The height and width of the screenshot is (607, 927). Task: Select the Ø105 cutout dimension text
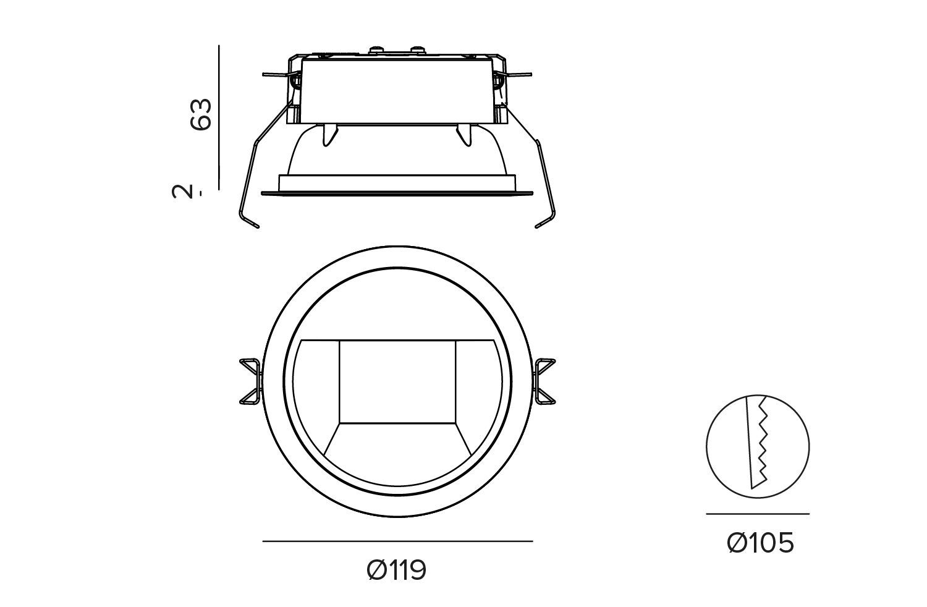760,543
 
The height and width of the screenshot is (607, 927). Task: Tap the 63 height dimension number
201,115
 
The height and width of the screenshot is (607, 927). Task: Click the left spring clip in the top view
250,381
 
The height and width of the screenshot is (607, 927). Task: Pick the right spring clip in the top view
544,381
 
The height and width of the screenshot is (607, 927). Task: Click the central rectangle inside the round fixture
397,382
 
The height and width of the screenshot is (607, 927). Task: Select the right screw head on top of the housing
418,50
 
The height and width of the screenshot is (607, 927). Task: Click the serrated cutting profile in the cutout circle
758,442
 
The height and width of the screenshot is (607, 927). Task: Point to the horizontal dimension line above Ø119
397,541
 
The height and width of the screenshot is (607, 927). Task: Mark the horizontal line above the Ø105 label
757,514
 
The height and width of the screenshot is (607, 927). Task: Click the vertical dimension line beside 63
219,117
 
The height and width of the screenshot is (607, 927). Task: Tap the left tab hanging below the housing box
330,135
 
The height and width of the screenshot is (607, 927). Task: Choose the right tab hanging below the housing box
463,135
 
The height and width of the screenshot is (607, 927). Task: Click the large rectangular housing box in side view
397,91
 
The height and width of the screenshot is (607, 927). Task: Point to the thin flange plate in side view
397,193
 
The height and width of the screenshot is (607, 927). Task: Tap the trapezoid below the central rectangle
397,439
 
